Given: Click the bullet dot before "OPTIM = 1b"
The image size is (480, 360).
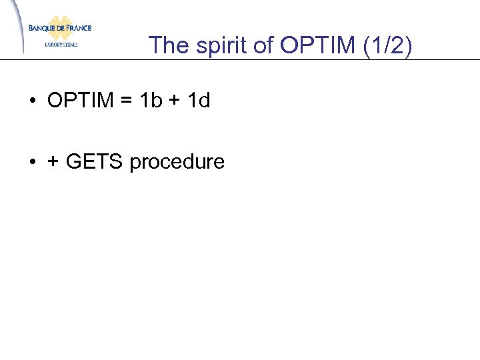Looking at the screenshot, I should click(32, 101).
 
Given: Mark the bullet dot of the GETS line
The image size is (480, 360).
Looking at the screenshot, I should click(32, 162).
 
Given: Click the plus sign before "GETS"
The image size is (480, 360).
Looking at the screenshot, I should click(53, 162).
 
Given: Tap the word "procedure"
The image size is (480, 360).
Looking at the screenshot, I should click(177, 162).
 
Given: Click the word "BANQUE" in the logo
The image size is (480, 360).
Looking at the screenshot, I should click(41, 28).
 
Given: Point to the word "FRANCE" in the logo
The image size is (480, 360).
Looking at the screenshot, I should click(77, 28).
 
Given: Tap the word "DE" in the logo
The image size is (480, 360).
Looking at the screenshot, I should click(59, 28).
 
